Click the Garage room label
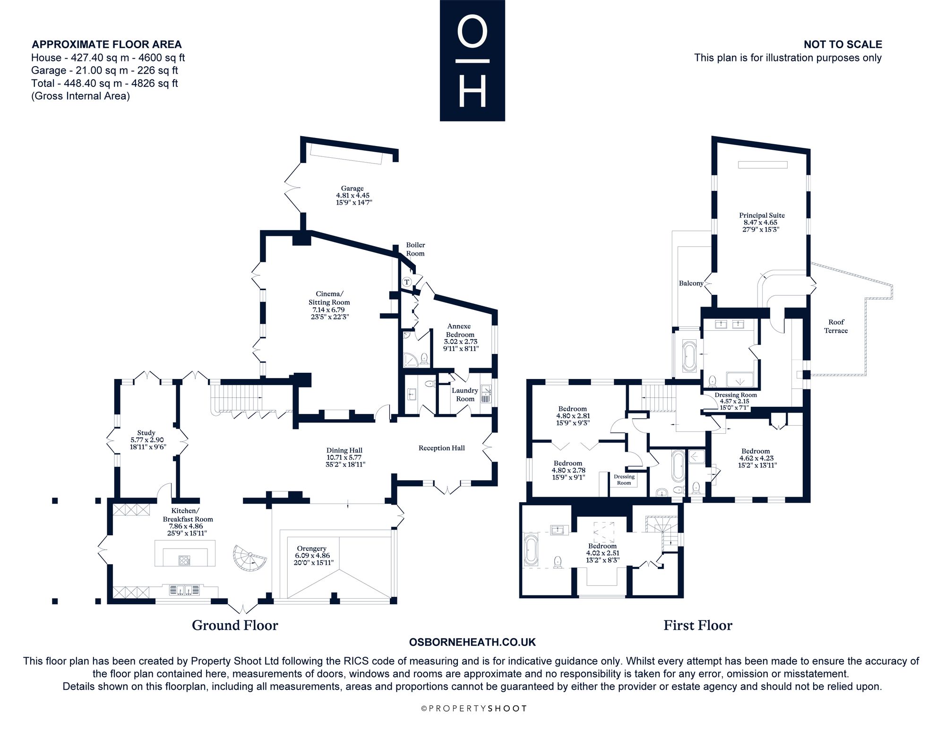point(352,189)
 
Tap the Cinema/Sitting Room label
point(329,298)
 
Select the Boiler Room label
point(415,249)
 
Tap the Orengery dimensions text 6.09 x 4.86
point(312,556)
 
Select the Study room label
point(146,432)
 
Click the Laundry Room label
point(465,395)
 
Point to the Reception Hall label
point(442,448)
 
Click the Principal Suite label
point(762,215)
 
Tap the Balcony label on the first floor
point(691,283)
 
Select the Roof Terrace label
point(836,326)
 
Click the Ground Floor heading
point(235,626)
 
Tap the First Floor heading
point(698,626)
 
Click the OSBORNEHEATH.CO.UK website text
point(472,642)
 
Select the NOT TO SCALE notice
point(843,44)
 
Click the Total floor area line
point(104,83)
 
